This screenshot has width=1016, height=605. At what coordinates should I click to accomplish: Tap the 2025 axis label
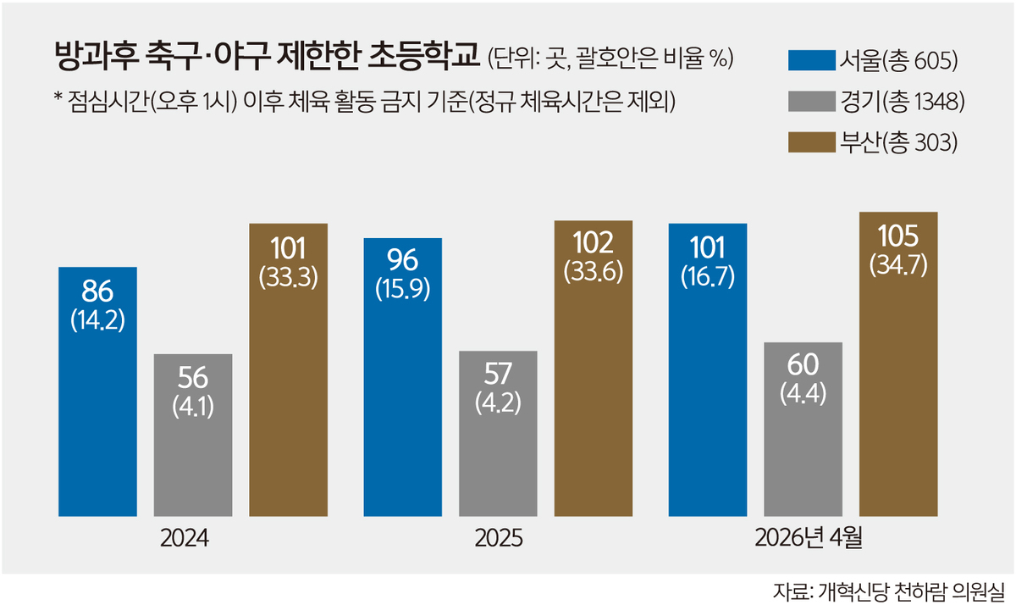(498, 539)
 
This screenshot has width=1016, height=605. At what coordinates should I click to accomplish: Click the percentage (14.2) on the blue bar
(97, 322)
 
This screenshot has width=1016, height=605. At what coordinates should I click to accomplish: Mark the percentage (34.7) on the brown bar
(898, 264)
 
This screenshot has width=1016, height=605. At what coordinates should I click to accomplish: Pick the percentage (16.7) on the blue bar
(708, 276)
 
